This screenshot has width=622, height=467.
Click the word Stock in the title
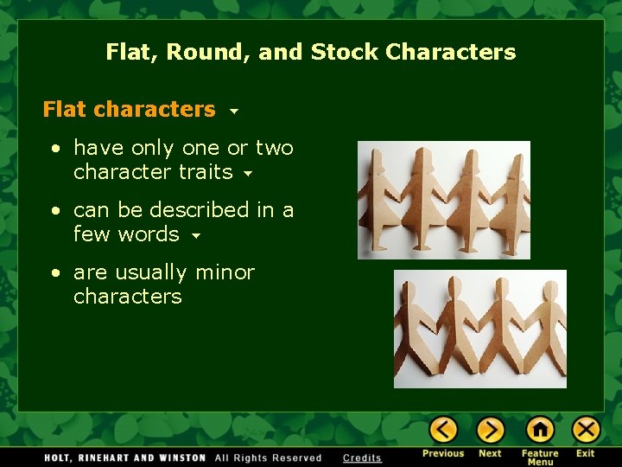345,52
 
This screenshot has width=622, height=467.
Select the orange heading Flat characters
129,109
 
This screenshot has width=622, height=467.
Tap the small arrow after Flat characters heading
234,112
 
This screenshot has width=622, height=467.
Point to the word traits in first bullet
205,172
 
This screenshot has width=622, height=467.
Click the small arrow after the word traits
248,174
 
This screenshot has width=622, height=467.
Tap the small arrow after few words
196,236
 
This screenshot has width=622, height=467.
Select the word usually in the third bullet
154,272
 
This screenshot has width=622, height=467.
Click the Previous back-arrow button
443,429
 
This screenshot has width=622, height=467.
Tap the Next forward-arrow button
490,429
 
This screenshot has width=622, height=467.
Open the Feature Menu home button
540,429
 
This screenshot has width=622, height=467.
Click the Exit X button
586,429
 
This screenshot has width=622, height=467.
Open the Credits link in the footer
362,458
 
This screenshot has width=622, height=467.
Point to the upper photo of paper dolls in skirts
443,200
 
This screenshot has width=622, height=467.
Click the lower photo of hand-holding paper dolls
479,329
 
